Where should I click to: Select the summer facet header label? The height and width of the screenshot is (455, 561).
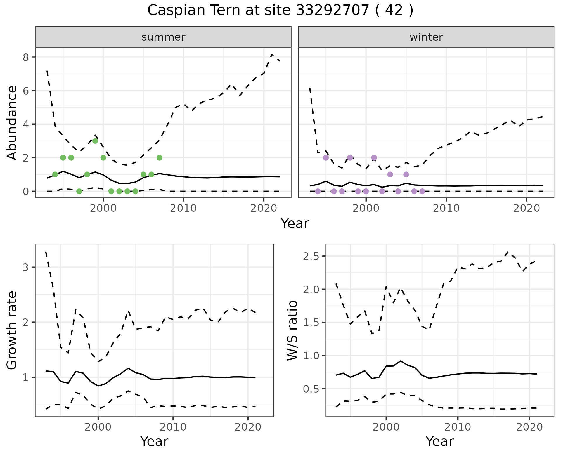tap(163, 37)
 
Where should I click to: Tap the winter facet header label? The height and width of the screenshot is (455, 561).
tap(426, 37)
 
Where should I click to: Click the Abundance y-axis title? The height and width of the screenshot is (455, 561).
tap(12, 123)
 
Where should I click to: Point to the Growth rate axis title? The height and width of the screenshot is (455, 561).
tap(12, 330)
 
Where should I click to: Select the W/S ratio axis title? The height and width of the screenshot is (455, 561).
tap(292, 330)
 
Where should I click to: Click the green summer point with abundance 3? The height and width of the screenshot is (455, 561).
tap(95, 141)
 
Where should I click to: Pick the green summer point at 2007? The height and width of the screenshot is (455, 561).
tap(159, 158)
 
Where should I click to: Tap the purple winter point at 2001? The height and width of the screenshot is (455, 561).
tap(374, 158)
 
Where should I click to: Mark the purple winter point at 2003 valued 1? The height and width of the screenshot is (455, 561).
tap(390, 174)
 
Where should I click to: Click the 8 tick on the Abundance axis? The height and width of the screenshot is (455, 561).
tap(26, 57)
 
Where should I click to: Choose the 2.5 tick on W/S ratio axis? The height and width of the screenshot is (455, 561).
tap(311, 256)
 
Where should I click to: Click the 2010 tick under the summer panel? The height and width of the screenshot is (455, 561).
tap(183, 208)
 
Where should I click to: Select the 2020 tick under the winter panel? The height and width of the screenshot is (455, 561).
tap(526, 208)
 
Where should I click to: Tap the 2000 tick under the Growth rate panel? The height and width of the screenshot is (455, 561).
tap(98, 427)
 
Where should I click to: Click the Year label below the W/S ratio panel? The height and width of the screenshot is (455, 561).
tap(439, 441)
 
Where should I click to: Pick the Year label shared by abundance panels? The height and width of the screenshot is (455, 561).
tap(295, 224)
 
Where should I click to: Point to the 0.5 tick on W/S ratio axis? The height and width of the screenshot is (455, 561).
tap(311, 389)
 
